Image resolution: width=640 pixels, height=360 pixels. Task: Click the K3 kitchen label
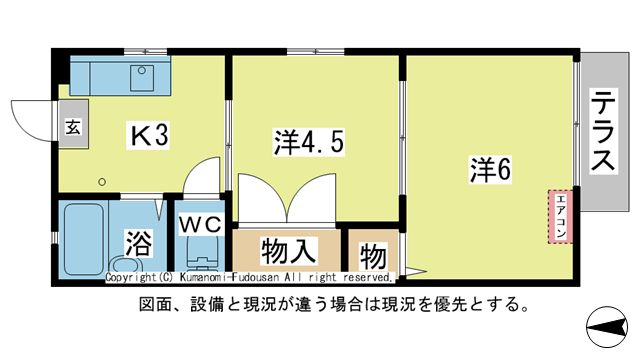146,136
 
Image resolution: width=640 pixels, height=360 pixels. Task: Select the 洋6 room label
491,169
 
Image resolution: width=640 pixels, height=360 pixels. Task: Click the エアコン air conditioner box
560,215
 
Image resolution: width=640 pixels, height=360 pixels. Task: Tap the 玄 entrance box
73,127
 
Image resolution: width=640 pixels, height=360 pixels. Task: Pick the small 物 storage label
372,254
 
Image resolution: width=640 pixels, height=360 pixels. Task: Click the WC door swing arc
205,174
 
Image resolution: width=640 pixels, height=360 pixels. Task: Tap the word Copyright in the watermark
131,277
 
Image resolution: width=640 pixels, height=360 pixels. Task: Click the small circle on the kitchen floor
101,181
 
